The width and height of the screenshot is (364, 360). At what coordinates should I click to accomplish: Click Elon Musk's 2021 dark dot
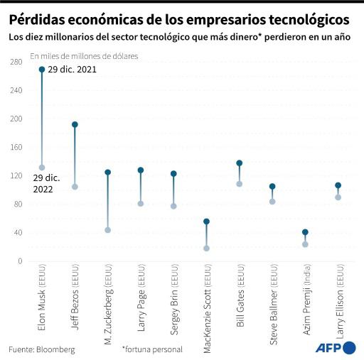coord(42,70)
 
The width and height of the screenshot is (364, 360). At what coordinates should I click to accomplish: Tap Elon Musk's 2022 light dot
coord(42,168)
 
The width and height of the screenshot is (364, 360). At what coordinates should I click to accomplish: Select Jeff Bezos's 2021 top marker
coord(75,124)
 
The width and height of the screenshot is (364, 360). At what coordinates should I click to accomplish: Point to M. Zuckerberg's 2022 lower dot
coord(107,230)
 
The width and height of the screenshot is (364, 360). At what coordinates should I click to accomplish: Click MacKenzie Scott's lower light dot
coord(206,249)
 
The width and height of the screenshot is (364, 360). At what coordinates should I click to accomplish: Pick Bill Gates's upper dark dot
coord(239,163)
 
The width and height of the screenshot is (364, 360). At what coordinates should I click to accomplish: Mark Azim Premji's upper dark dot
coord(305,232)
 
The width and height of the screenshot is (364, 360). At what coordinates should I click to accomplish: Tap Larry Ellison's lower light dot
coord(338,197)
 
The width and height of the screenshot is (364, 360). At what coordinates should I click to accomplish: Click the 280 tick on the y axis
coord(16,62)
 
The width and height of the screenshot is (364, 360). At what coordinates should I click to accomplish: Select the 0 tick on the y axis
coord(20,261)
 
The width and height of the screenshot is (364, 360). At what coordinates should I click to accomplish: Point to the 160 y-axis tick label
coord(16,148)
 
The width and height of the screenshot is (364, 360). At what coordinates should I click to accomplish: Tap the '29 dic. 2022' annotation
coord(28,183)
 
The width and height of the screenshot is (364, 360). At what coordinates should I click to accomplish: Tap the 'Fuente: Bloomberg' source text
coord(41,349)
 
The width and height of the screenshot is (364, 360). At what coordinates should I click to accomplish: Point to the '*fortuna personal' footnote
coord(151,349)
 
